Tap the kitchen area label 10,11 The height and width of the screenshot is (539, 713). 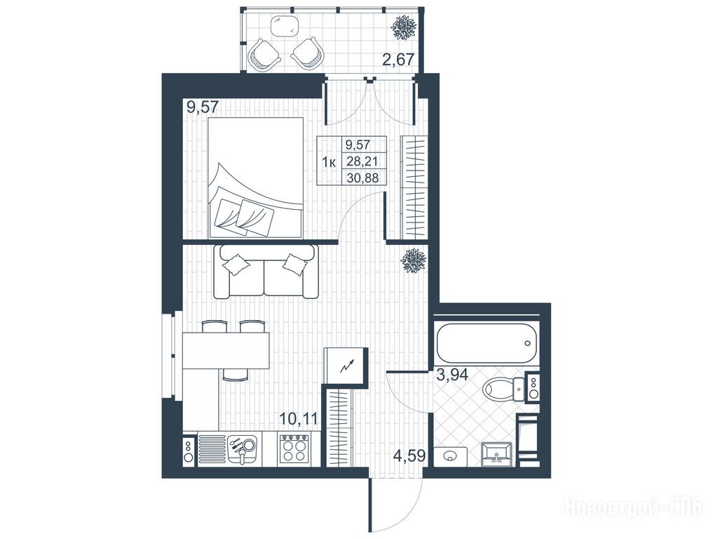click(298, 418)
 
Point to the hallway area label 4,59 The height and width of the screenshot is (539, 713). click(409, 456)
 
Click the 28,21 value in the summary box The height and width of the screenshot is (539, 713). click(362, 160)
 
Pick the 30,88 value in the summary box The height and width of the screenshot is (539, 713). click(362, 177)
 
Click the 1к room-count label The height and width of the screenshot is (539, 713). click(329, 161)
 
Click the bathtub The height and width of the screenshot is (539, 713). click(487, 342)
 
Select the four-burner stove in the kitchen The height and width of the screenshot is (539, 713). click(294, 448)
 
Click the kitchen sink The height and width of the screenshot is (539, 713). click(243, 448)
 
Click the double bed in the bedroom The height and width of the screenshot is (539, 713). click(256, 178)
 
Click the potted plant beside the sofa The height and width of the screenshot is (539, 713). click(414, 260)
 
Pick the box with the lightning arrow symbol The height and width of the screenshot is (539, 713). click(345, 366)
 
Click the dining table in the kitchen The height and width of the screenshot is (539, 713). click(226, 350)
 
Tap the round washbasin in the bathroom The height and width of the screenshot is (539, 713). click(450, 456)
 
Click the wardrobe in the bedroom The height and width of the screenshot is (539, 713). click(414, 187)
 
